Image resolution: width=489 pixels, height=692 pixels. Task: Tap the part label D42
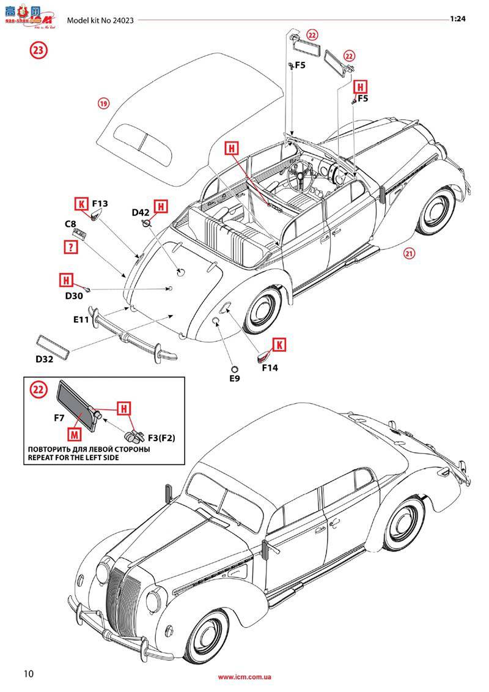[x=141, y=212]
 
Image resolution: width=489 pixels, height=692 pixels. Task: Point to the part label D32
[x=44, y=359]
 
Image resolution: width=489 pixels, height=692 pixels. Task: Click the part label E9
[x=234, y=378]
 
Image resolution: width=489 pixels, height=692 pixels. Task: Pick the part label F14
[x=270, y=368]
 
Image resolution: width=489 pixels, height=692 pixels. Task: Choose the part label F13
[x=100, y=203]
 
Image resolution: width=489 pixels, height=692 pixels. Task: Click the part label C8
[x=71, y=224]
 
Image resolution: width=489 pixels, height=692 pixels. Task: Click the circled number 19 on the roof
[x=103, y=103]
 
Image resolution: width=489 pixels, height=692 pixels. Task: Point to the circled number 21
[x=409, y=254]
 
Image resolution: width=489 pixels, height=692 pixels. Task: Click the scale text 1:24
[x=458, y=19]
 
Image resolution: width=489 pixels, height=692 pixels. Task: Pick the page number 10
[x=29, y=674]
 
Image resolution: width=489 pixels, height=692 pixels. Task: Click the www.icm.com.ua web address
[x=244, y=677]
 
